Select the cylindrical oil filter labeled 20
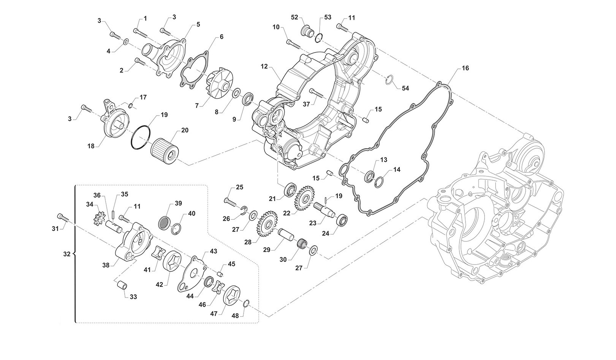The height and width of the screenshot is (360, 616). point(164,149)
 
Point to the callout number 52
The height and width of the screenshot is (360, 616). point(295,17)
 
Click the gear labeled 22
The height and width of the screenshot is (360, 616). point(303,196)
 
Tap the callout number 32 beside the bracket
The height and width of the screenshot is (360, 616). point(67,254)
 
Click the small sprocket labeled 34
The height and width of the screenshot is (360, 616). point(98,219)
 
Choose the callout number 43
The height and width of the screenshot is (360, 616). point(213,251)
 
